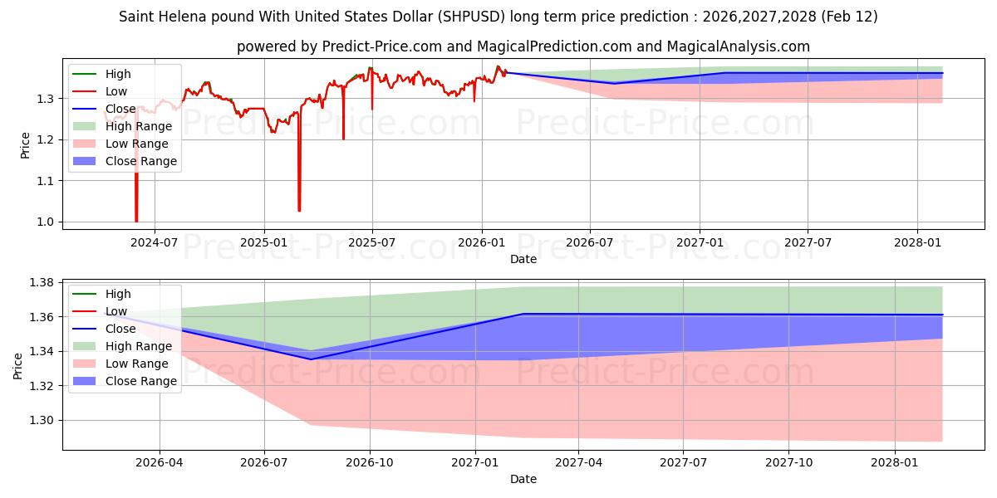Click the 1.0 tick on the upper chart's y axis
tap(47, 222)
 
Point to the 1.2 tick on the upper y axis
tap(47, 139)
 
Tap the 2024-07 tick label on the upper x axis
tap(155, 242)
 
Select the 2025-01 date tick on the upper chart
tap(264, 242)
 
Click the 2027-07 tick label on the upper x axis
tap(808, 242)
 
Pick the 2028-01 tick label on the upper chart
tap(917, 242)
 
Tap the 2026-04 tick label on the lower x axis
tap(160, 462)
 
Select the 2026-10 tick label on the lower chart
tap(370, 462)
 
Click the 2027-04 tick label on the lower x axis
tap(579, 462)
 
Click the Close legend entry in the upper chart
tap(120, 109)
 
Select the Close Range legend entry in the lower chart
tap(140, 381)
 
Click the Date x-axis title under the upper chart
tap(523, 259)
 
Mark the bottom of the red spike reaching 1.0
tap(136, 221)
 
